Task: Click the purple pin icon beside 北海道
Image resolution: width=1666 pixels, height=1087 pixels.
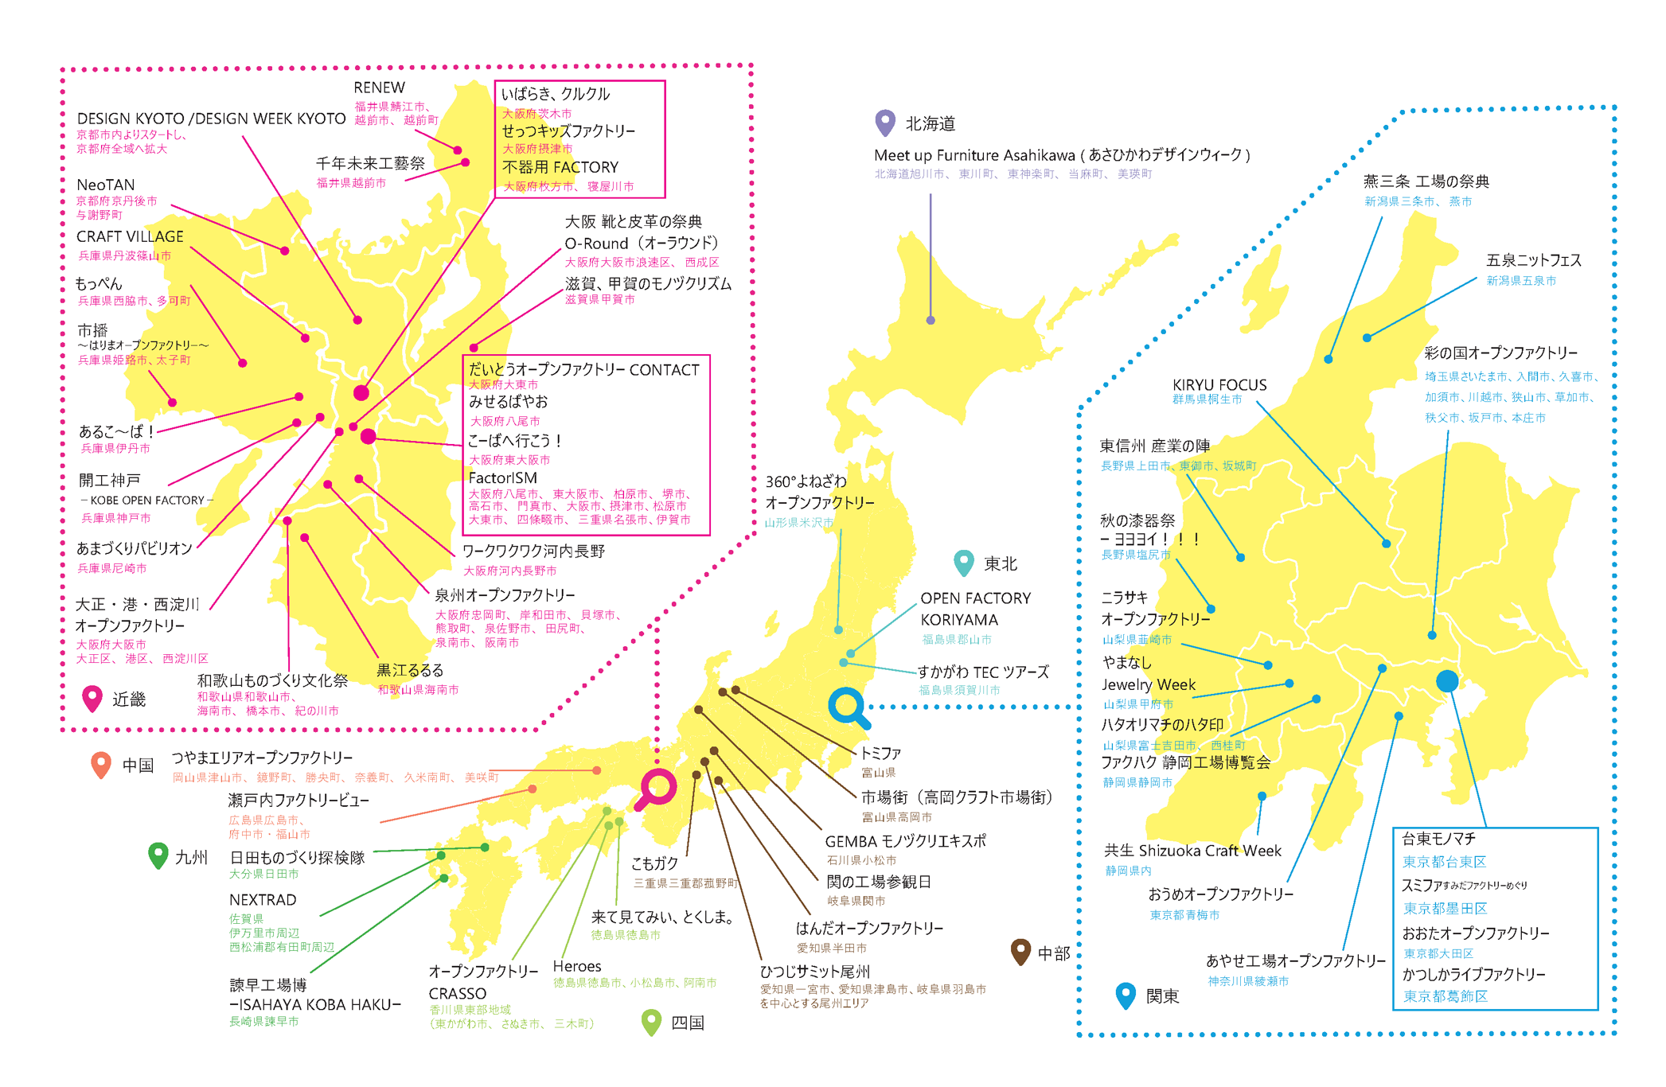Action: point(884,122)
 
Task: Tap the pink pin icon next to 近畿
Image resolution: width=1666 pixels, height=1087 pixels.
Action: point(92,698)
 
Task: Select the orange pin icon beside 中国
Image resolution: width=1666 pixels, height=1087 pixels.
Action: point(101,764)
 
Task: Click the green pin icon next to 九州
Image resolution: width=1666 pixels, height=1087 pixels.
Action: point(158,855)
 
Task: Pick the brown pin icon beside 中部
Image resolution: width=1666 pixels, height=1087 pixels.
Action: point(1020,951)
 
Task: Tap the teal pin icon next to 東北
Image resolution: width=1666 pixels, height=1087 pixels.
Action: point(963,562)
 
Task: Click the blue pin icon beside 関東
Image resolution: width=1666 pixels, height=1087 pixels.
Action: point(1126,995)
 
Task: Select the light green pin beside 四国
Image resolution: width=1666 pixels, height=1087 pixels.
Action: point(651,1021)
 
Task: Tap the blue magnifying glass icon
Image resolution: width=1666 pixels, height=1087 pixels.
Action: point(848,707)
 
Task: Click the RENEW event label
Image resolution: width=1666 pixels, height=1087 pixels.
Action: point(379,88)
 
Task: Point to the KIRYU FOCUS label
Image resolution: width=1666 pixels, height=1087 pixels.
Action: point(1219,385)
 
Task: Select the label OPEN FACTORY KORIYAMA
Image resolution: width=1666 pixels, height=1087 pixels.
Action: point(975,609)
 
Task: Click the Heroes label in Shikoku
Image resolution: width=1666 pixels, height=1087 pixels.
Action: point(577,966)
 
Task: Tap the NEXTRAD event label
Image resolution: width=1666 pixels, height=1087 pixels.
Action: point(263,900)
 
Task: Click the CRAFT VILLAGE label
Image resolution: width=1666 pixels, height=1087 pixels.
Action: point(130,236)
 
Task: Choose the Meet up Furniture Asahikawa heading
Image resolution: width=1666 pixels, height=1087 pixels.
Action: point(1061,155)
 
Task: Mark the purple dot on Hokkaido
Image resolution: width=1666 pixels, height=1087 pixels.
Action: point(931,321)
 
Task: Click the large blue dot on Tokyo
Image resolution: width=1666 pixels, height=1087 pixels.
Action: point(1447,681)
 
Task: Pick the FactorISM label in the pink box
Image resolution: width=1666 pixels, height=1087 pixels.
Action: point(502,477)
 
